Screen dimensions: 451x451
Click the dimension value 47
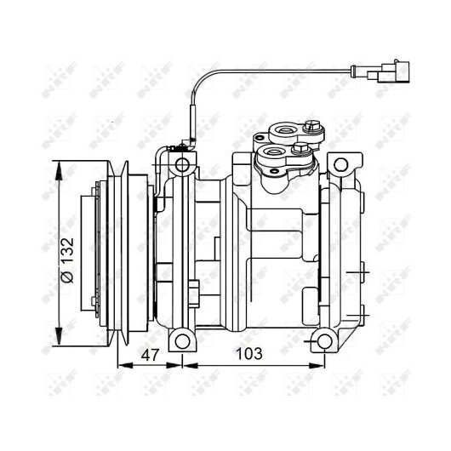[x=150, y=354]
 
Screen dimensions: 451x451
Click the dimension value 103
[x=249, y=353]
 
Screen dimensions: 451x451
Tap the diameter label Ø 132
[x=68, y=260]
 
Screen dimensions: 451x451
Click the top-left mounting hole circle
[x=182, y=165]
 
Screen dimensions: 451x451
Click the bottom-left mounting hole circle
[x=182, y=341]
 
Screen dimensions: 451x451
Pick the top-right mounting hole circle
[x=341, y=165]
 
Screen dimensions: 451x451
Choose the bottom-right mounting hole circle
[x=324, y=341]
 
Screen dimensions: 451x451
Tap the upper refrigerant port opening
[x=285, y=130]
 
